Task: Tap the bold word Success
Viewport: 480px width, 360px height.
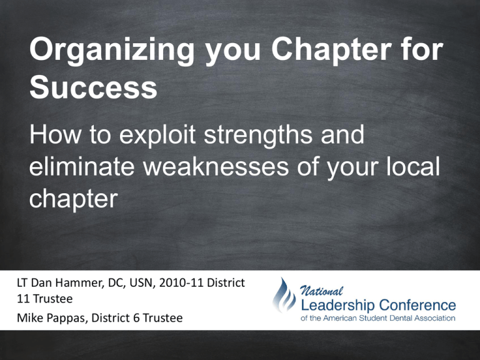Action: pyautogui.click(x=92, y=89)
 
